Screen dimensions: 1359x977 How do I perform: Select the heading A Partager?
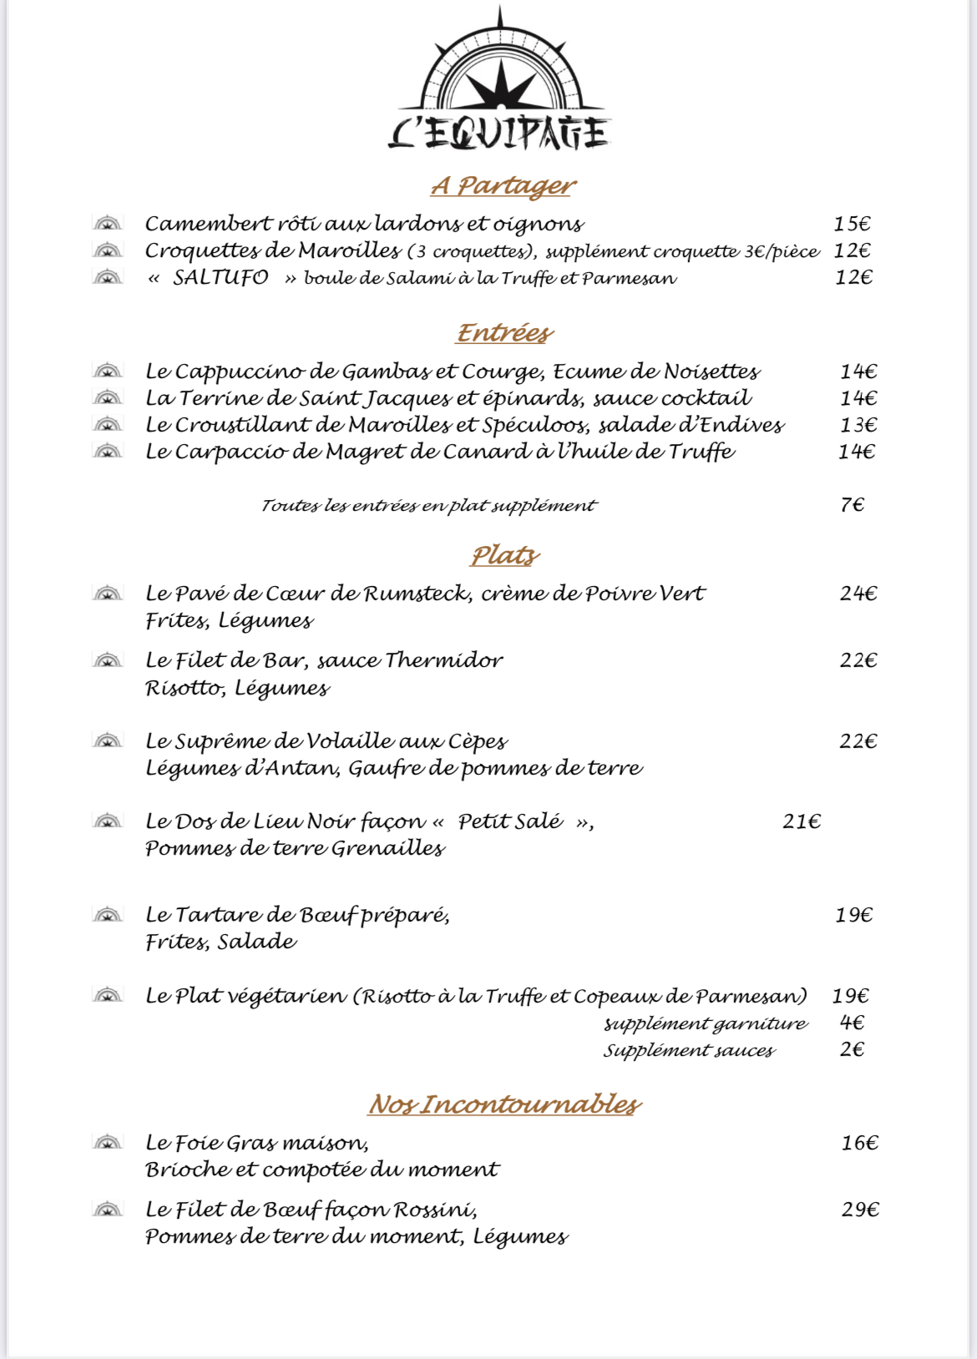tap(504, 185)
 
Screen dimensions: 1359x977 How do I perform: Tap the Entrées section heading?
tap(504, 332)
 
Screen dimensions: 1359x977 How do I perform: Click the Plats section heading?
tap(505, 555)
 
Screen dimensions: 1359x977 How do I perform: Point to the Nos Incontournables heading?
tap(504, 1104)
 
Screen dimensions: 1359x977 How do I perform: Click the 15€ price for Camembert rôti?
tap(852, 224)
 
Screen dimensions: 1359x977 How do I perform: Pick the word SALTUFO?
tap(220, 277)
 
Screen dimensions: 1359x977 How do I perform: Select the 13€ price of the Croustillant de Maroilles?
tap(858, 425)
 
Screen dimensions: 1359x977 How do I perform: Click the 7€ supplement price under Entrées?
tap(853, 505)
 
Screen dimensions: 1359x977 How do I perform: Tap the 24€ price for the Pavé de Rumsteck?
tap(858, 594)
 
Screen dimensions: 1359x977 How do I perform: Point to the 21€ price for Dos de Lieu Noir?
tap(802, 821)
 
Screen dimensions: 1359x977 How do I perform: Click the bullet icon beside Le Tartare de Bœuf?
tap(108, 915)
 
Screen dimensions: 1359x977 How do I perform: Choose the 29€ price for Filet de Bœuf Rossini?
tap(860, 1210)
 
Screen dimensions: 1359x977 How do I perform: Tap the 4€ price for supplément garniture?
tap(852, 1023)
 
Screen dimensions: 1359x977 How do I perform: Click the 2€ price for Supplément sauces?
tap(852, 1049)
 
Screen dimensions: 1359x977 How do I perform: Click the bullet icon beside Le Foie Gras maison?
tap(108, 1142)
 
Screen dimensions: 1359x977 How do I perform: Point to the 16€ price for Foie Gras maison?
tap(859, 1143)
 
